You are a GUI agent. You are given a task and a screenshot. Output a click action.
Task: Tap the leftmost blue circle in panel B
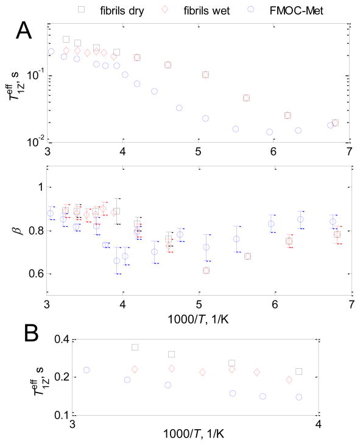coord(86,370)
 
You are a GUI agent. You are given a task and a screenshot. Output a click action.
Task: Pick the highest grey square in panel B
coord(135,347)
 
